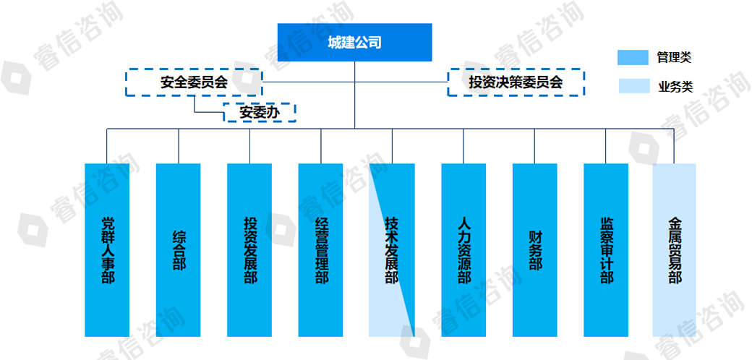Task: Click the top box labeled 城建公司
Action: (355, 42)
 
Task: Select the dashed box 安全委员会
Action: (194, 82)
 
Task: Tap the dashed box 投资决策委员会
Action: (516, 82)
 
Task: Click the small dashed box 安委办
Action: (260, 112)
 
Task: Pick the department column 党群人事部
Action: (107, 250)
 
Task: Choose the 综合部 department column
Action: (179, 250)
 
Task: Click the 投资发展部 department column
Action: (249, 250)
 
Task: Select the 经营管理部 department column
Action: (321, 250)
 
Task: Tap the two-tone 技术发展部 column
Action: (392, 250)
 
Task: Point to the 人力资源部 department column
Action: (463, 250)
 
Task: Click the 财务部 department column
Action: (535, 250)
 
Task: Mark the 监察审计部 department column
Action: (606, 250)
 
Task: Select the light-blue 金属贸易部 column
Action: (675, 250)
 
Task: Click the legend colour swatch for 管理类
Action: (633, 58)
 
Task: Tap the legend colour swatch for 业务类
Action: (633, 86)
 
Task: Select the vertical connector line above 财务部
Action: (535, 146)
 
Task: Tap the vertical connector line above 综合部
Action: (179, 146)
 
